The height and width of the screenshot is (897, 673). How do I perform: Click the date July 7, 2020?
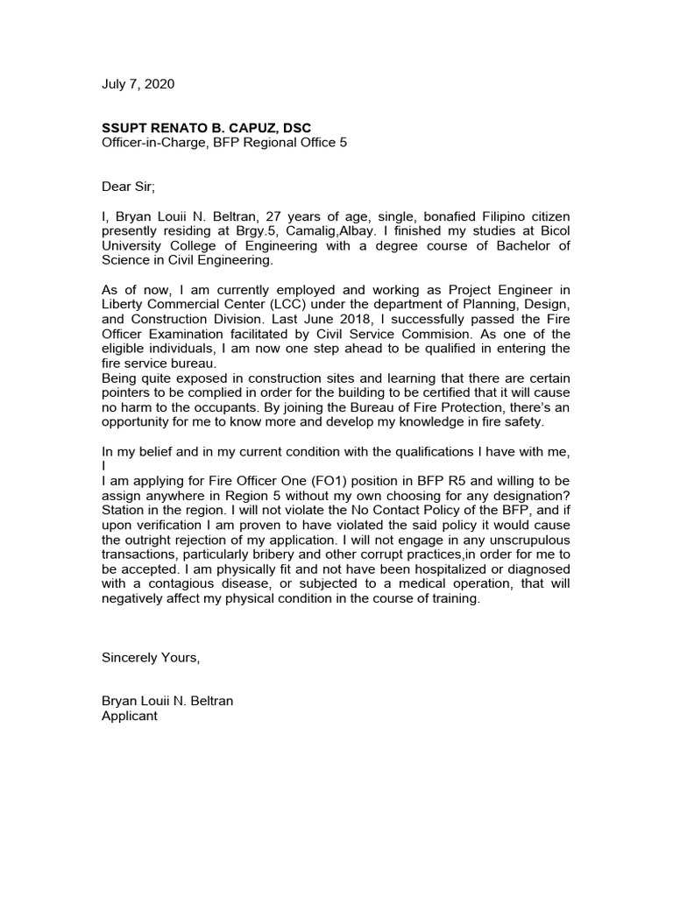point(138,84)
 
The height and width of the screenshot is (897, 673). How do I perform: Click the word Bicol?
point(552,230)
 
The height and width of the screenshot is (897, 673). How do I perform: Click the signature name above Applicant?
point(167,702)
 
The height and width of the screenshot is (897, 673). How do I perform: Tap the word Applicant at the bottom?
point(130,717)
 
